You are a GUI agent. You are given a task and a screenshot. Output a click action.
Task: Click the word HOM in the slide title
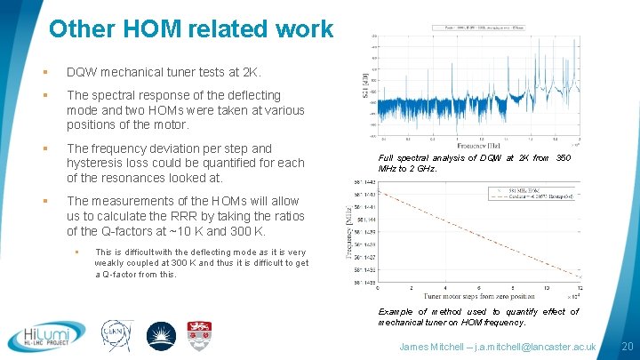[x=146, y=28]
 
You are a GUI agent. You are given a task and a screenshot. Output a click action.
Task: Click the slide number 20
[x=627, y=345]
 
